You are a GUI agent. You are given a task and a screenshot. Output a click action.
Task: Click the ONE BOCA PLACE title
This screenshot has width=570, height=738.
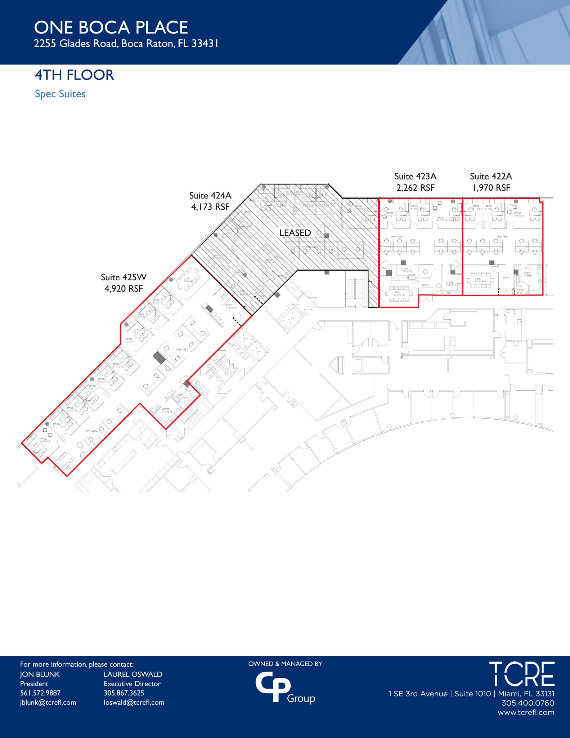111,28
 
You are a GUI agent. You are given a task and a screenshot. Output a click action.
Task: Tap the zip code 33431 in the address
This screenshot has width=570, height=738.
205,44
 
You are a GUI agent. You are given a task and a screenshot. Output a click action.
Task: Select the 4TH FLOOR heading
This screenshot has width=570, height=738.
74,75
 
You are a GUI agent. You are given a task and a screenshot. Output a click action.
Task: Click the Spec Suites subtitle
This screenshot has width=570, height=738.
60,94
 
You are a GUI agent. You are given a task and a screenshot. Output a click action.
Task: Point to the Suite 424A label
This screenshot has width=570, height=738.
210,195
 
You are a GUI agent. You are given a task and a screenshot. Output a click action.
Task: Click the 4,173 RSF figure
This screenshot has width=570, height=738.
210,207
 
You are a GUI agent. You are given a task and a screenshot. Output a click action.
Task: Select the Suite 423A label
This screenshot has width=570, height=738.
415,176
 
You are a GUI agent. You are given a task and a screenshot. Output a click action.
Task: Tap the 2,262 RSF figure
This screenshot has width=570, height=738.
415,188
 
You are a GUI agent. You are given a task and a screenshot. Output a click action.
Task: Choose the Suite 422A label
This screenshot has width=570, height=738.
491,176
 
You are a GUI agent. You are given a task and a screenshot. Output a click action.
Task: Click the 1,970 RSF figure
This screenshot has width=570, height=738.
491,188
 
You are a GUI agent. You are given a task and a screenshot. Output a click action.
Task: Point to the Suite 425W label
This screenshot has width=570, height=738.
124,277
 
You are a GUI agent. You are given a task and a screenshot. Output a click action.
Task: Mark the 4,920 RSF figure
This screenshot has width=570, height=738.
124,289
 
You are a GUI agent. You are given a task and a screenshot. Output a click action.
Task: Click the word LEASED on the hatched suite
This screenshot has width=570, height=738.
295,233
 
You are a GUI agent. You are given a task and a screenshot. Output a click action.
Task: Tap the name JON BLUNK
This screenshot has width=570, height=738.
40,674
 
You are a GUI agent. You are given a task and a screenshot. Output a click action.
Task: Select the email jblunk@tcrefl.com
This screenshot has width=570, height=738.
48,702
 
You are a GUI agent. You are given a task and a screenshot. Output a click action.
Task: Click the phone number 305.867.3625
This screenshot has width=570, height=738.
124,693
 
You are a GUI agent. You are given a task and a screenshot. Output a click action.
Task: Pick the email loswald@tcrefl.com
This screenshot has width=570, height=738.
134,702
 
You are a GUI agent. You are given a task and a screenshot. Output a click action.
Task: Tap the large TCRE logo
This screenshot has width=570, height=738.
521,674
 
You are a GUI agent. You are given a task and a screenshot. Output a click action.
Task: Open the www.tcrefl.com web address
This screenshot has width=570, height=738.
526,712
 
